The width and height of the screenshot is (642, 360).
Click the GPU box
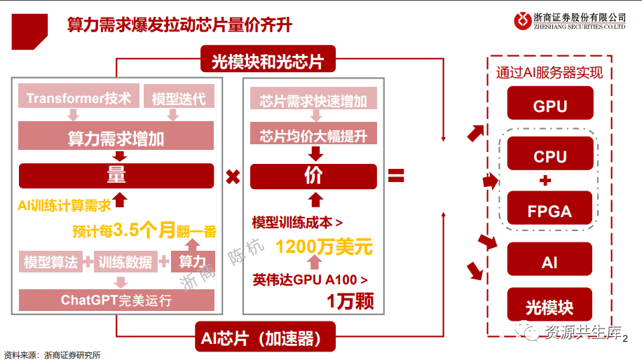point(550,106)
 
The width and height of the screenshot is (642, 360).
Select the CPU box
point(550,155)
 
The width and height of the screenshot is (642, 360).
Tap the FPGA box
point(550,210)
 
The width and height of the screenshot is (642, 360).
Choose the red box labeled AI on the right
point(550,262)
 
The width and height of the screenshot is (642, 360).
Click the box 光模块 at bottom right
point(550,307)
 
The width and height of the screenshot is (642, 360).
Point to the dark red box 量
point(116,175)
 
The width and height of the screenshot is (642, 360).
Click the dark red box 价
point(313,175)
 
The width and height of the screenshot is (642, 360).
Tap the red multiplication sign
point(233,176)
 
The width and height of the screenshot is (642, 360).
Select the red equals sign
point(396,176)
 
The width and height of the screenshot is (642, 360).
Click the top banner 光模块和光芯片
point(267,62)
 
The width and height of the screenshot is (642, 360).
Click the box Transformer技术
point(78,98)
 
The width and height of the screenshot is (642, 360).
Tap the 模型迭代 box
point(179,98)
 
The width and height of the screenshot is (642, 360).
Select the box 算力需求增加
point(116,136)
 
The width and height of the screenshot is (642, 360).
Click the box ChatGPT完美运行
point(116,300)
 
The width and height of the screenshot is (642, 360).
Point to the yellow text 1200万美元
point(323,247)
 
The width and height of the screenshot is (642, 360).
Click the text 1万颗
point(349,301)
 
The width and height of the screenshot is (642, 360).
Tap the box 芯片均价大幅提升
point(313,133)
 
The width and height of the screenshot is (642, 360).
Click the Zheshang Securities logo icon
point(523,21)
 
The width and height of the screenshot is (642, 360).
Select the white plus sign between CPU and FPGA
point(546,181)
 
